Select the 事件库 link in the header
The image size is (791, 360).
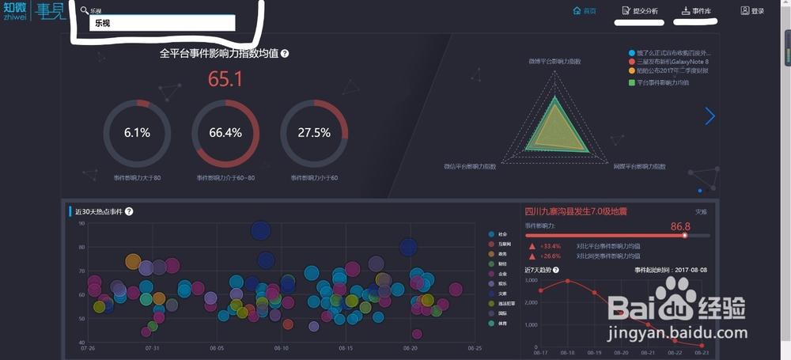pos(696,11)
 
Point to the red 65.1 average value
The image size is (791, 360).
pos(225,79)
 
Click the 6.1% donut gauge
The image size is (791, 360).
pos(137,132)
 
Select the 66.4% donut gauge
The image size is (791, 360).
pos(225,132)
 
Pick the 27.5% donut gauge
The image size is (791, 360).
pos(314,132)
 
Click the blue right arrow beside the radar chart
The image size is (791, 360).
pos(710,116)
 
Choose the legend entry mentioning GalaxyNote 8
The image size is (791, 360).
pos(672,61)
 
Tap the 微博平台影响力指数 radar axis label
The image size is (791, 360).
pos(554,61)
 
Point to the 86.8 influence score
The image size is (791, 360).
pos(680,227)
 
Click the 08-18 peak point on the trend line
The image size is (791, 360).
pos(567,281)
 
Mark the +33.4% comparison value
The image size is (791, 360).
pos(551,245)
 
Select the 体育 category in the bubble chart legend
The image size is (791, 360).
pos(502,323)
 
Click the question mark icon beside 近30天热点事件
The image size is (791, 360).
pos(129,211)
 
